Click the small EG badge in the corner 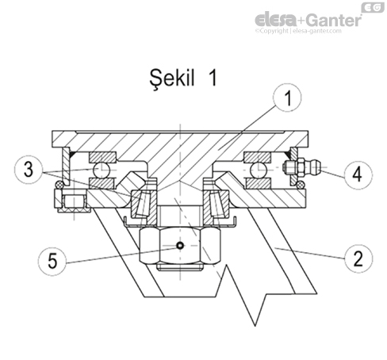pos(370,6)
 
